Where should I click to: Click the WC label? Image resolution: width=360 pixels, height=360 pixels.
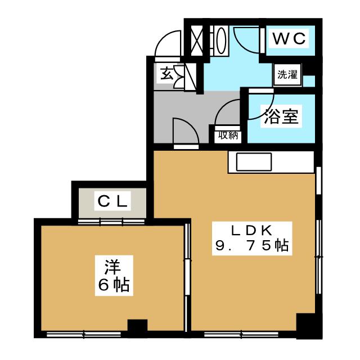click(289, 39)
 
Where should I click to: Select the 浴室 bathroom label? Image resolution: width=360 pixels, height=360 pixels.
click(282, 116)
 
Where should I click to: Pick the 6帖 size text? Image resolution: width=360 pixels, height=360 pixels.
click(113, 284)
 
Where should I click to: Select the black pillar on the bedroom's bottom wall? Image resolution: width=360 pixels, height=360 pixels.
click(137, 327)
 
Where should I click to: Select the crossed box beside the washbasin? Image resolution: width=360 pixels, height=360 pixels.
click(197, 39)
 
